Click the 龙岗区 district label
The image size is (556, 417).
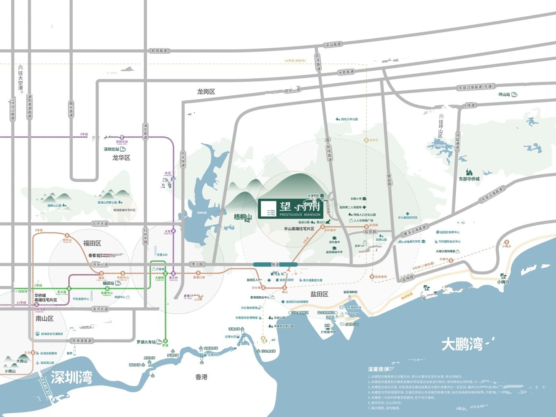coord(206,92)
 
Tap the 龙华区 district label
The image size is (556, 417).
coord(121,158)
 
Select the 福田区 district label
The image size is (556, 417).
coord(92,243)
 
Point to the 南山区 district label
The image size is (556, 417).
coord(44,319)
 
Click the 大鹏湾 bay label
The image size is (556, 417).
coord(462,344)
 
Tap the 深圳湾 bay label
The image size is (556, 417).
coord(71,377)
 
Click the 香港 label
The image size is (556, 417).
coord(201,377)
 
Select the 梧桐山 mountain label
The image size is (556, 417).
coord(243,217)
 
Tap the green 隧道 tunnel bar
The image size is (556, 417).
coord(275,264)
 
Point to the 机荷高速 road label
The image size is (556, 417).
coord(159,51)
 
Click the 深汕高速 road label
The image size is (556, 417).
coord(333,44)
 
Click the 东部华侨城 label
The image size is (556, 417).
coord(469,179)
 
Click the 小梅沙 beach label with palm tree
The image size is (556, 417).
coord(503,282)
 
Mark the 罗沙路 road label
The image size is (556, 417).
coord(197,264)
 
